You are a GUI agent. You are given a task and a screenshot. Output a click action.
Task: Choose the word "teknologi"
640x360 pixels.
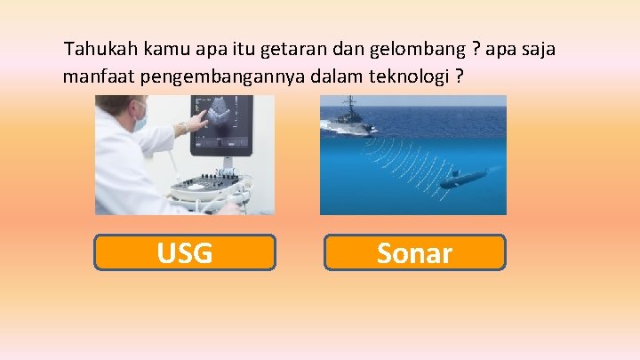click(412, 76)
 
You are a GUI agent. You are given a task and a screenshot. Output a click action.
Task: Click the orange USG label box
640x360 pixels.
click(185, 253)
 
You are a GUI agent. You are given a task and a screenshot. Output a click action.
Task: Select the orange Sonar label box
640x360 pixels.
click(414, 253)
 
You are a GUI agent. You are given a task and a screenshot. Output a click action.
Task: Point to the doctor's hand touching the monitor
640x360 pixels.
click(186, 124)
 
